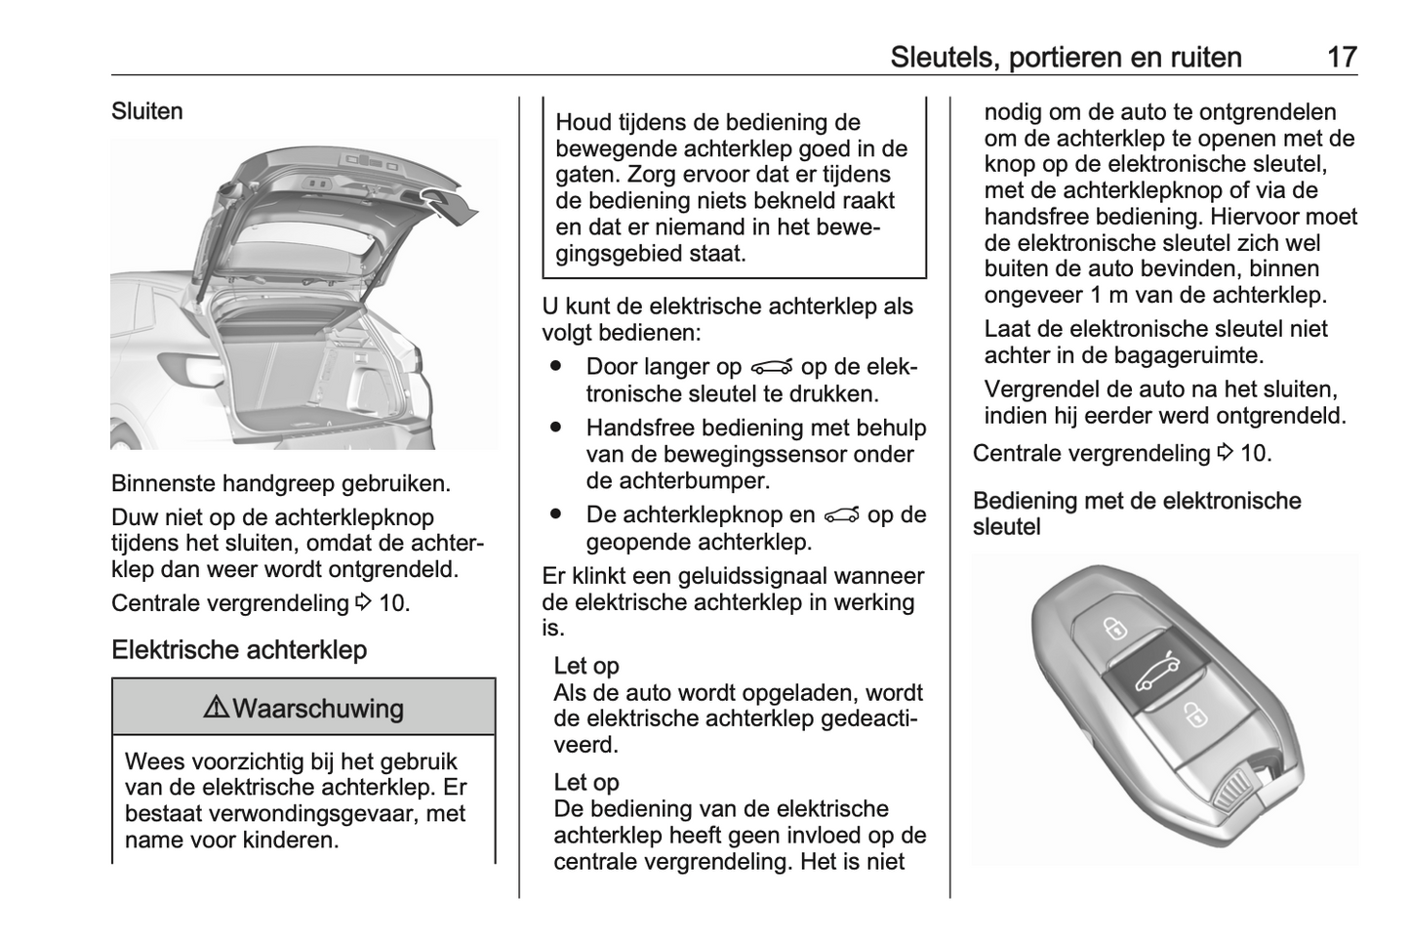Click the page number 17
[1342, 57]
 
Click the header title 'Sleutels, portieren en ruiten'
[1066, 57]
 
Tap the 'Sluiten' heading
[147, 111]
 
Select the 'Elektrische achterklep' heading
[239, 650]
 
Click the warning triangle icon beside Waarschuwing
[216, 708]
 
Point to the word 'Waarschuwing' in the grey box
[318, 708]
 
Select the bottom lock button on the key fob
[1194, 715]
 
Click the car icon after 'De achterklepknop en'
[842, 515]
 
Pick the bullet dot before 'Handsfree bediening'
[557, 428]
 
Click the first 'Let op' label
[586, 666]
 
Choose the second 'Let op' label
[586, 782]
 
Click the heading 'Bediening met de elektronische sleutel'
[1137, 513]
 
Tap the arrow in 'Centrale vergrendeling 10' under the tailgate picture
[363, 603]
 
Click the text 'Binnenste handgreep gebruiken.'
[281, 483]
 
